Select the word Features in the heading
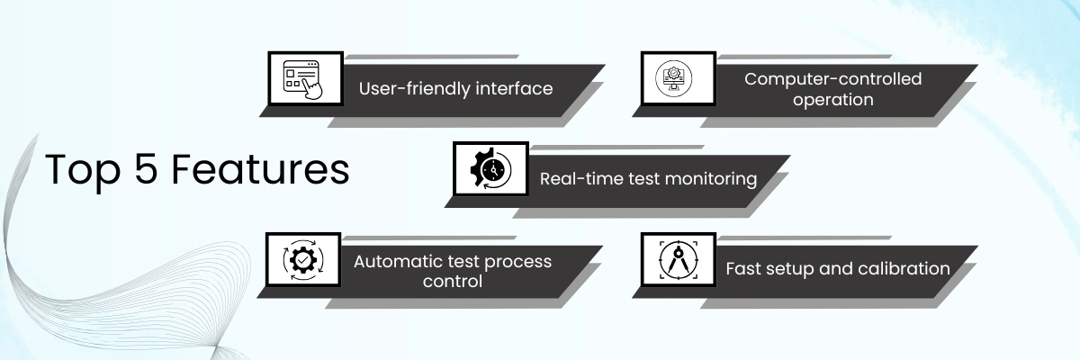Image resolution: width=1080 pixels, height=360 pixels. pos(261,170)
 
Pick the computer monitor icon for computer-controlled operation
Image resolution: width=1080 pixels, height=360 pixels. pos(678,79)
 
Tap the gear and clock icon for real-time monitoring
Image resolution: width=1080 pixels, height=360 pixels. pos(490,169)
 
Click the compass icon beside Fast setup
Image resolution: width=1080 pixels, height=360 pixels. pos(677,260)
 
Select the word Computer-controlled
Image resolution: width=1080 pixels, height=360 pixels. pos(833,79)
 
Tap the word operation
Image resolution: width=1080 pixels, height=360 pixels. pos(833,100)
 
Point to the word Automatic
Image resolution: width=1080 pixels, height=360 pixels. pos(394,262)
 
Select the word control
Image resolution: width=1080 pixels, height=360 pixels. pos(453,282)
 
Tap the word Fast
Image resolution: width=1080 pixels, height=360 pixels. pos(744,269)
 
